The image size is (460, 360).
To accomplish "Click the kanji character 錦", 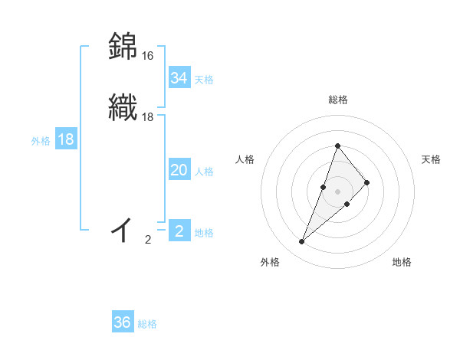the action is point(123,47).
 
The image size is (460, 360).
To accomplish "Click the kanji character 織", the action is point(123,108).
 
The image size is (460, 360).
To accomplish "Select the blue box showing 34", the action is point(179,78).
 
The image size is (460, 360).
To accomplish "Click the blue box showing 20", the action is point(179,171).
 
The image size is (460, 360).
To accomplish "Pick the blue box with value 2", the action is point(179,231).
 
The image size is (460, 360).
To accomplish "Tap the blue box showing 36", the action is point(122,322).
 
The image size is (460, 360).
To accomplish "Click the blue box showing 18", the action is point(66,139).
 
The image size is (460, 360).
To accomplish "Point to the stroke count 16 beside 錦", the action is point(148,56).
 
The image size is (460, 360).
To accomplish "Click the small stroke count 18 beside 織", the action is point(148,117).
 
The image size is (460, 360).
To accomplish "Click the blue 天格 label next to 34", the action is point(204,80).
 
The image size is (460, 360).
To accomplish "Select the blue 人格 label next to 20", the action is point(204,172).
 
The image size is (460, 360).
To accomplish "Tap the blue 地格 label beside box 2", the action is point(204,233).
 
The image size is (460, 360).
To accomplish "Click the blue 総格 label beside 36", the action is point(147,324).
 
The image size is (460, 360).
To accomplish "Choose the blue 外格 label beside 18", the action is point(40,141).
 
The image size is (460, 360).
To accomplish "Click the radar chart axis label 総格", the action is point(337,100).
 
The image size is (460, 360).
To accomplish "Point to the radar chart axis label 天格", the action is point(431,159).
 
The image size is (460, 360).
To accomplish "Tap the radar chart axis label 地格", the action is point(402,262).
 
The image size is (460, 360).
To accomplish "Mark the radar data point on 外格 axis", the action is point(301,242).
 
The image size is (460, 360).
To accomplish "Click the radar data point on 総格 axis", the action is point(337,146).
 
